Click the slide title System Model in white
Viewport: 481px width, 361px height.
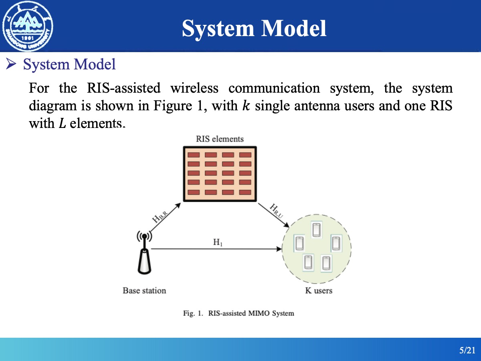point(254,28)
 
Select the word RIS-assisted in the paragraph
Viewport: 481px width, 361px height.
point(123,88)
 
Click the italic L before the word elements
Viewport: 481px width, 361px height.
point(62,123)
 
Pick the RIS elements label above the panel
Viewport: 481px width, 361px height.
point(220,139)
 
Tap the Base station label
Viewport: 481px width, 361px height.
point(144,290)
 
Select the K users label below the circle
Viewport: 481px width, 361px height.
point(319,290)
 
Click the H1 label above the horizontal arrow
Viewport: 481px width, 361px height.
point(218,242)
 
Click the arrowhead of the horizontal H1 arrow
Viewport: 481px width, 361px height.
point(279,249)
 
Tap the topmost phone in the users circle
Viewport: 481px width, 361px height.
point(316,230)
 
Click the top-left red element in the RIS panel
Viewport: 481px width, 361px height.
point(194,154)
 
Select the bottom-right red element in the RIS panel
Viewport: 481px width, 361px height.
point(245,192)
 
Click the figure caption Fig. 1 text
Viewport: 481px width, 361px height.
point(238,313)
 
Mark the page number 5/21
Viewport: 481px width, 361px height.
point(467,351)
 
